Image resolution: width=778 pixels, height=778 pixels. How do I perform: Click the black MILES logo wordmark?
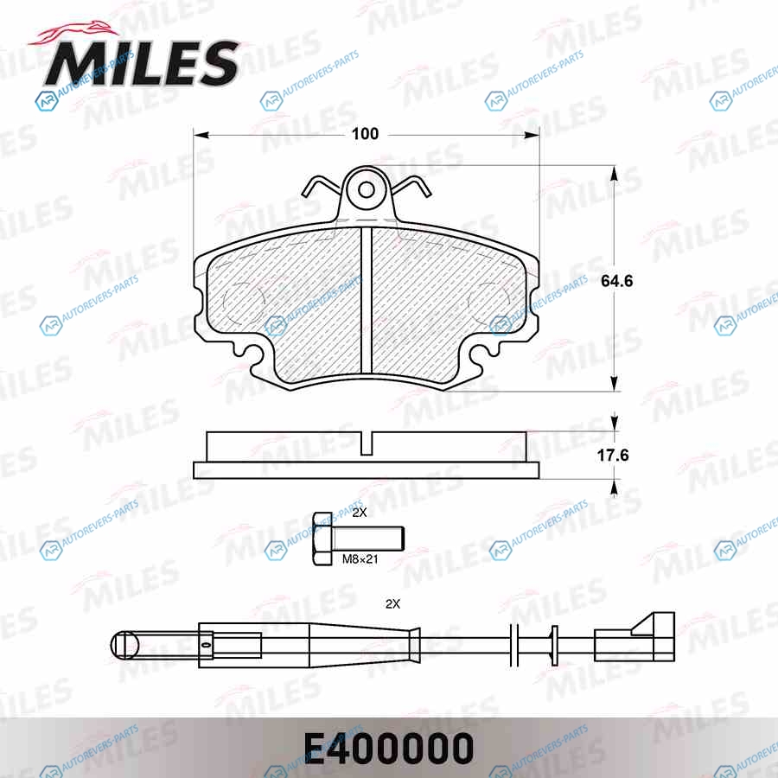(x=142, y=63)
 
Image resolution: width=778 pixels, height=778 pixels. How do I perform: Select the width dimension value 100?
(x=365, y=134)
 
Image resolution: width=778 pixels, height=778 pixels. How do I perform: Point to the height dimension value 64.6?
(x=616, y=281)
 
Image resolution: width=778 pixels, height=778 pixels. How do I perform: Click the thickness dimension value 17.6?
(x=613, y=455)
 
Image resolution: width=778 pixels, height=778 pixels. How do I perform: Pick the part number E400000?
(x=388, y=749)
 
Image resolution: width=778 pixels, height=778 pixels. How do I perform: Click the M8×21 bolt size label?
(x=360, y=559)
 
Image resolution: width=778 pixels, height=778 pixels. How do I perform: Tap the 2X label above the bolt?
(x=360, y=513)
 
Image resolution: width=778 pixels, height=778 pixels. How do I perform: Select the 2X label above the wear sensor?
(x=392, y=604)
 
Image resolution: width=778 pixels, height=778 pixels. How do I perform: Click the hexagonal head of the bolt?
(x=323, y=539)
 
